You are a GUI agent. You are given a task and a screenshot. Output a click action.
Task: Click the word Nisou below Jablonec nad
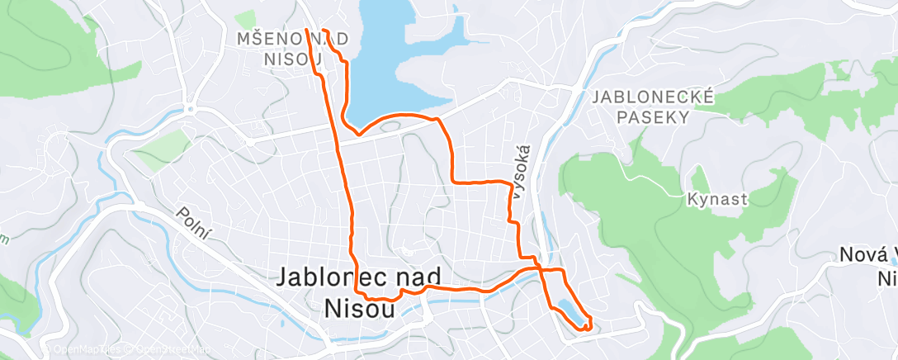click(358, 306)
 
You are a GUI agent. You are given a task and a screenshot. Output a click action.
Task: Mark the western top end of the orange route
click(306, 31)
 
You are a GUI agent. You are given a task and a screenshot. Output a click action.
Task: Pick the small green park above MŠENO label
click(246, 19)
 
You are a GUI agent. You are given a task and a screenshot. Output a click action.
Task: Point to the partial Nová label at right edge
click(867, 256)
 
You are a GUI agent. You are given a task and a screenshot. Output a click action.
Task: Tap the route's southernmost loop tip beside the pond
click(585, 329)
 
